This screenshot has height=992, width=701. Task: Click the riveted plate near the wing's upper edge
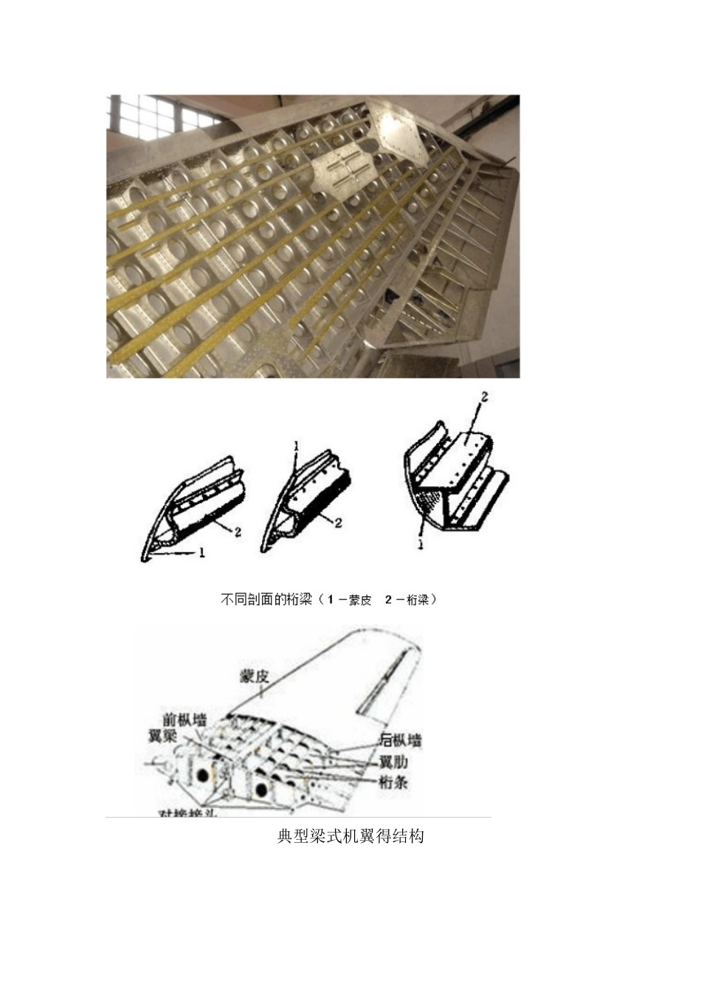click(x=398, y=133)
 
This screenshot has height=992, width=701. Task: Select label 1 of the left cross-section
click(x=201, y=553)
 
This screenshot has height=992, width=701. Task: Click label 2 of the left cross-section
click(x=238, y=531)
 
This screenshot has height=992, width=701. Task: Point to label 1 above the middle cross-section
click(x=296, y=447)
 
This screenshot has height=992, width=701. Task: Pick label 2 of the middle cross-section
click(x=338, y=523)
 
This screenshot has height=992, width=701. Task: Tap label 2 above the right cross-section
click(x=484, y=397)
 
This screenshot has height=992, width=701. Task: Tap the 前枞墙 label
click(x=184, y=719)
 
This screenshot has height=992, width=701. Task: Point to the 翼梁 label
click(x=162, y=736)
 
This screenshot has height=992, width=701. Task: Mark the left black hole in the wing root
click(x=201, y=777)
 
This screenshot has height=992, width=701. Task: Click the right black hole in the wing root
click(x=260, y=790)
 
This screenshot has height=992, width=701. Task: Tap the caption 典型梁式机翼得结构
click(x=350, y=836)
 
